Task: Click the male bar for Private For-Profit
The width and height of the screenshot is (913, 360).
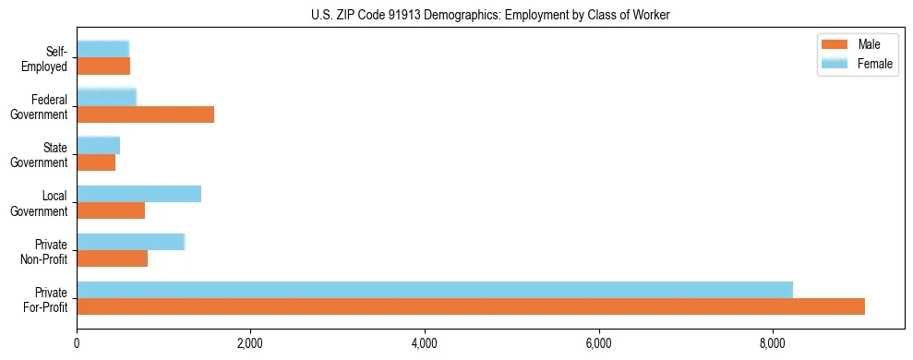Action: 471,306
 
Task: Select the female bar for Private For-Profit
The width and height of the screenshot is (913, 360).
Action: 434,290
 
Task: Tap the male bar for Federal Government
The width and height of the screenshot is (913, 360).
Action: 145,114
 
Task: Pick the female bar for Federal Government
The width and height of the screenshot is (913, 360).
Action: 106,97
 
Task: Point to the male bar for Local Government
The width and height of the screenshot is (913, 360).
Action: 111,210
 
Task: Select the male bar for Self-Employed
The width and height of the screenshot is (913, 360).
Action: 103,66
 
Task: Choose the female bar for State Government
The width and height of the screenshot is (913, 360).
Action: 98,145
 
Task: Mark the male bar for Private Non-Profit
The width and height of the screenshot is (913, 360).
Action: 112,258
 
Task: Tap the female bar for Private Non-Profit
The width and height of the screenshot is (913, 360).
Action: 130,242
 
